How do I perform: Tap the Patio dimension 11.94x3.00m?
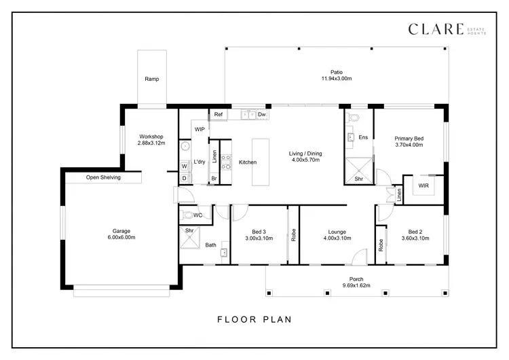(x=337, y=79)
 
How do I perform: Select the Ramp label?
(x=152, y=79)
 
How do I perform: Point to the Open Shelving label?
(x=103, y=178)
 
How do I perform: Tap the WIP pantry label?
(x=200, y=129)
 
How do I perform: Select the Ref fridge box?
(x=218, y=115)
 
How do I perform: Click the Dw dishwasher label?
(x=261, y=115)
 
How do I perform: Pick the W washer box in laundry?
(x=184, y=165)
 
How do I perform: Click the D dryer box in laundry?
(x=184, y=178)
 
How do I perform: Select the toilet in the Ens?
(x=352, y=118)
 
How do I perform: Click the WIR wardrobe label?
(x=424, y=184)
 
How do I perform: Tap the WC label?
(x=197, y=215)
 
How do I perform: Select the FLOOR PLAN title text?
(x=254, y=319)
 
